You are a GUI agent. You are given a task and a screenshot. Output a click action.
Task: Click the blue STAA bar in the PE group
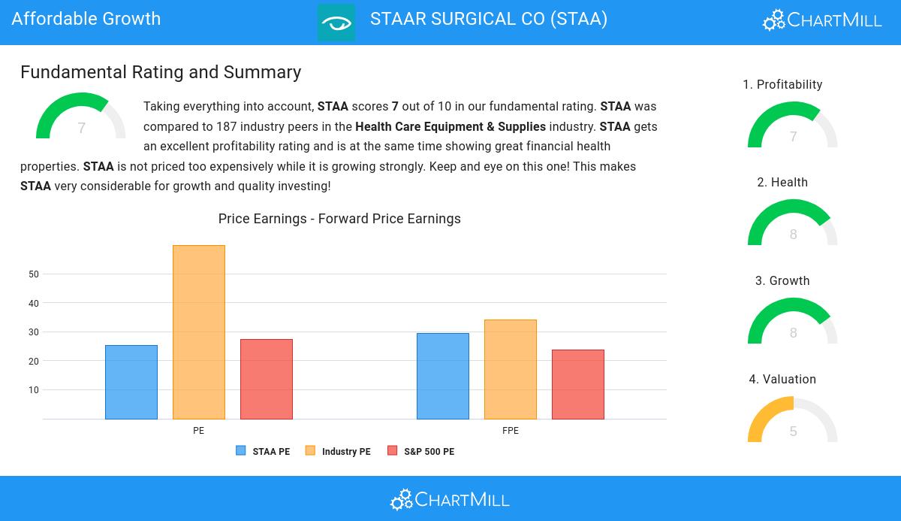pyautogui.click(x=131, y=382)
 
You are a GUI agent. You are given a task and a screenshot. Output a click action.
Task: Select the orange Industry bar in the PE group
pyautogui.click(x=199, y=332)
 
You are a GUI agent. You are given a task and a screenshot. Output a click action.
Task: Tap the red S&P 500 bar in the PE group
pyautogui.click(x=267, y=379)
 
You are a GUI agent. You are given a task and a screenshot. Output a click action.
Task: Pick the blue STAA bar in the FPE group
pyautogui.click(x=443, y=376)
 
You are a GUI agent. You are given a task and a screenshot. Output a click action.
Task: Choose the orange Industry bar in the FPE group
pyautogui.click(x=511, y=369)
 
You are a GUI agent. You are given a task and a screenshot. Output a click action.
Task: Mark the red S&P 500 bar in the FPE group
pyautogui.click(x=578, y=384)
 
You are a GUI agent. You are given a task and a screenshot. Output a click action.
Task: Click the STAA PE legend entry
pyautogui.click(x=263, y=452)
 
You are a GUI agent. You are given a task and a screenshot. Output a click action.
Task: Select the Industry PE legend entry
pyautogui.click(x=338, y=452)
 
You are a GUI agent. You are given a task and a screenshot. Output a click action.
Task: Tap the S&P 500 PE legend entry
pyautogui.click(x=420, y=452)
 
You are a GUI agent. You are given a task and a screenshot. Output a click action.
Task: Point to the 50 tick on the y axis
pyautogui.click(x=34, y=274)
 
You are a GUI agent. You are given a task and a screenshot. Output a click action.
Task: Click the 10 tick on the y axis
pyautogui.click(x=34, y=390)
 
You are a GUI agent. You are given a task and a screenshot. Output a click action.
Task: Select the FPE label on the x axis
pyautogui.click(x=511, y=431)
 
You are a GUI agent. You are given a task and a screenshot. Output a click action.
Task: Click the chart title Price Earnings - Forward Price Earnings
pyautogui.click(x=339, y=219)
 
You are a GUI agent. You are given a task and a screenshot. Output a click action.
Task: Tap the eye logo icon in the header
pyautogui.click(x=336, y=23)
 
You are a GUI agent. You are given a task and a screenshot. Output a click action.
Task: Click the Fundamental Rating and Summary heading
pyautogui.click(x=161, y=72)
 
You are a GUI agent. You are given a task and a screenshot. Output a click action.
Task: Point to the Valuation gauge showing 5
pyautogui.click(x=793, y=421)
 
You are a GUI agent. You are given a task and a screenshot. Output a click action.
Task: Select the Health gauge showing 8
pyautogui.click(x=793, y=224)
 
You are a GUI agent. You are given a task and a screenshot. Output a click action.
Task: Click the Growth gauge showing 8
pyautogui.click(x=793, y=323)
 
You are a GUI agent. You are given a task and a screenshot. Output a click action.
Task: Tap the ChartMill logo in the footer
pyautogui.click(x=450, y=499)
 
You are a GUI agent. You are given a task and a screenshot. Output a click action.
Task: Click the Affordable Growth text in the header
pyautogui.click(x=86, y=19)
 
